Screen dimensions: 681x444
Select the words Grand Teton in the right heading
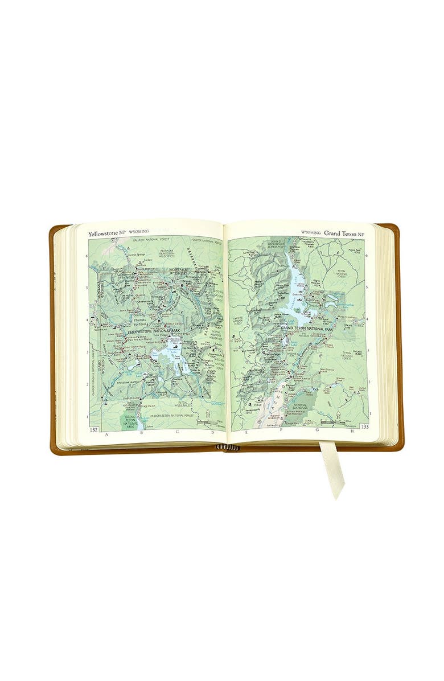[342, 232]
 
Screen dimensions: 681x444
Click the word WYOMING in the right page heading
[311, 233]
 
